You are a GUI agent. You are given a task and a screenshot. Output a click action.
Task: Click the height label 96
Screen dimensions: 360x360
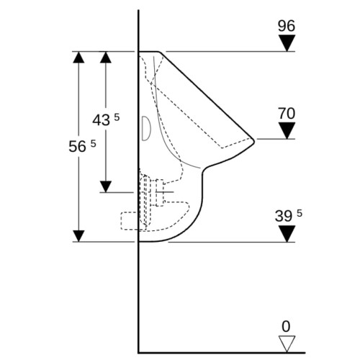[287, 26]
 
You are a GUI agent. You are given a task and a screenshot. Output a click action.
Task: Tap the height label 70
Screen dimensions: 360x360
[287, 113]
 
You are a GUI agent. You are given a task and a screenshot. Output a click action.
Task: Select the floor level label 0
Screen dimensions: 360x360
[286, 326]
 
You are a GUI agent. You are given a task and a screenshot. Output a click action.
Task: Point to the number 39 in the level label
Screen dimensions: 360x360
[283, 216]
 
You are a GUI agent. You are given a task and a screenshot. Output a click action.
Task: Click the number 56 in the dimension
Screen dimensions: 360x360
[77, 146]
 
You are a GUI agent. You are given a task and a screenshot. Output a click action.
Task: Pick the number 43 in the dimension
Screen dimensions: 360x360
[102, 120]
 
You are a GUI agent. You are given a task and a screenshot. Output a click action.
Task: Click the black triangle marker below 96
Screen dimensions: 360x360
[287, 43]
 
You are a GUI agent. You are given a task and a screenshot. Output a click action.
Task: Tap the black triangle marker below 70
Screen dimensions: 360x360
[287, 130]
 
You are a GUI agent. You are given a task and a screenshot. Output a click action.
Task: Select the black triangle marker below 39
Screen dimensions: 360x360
[287, 234]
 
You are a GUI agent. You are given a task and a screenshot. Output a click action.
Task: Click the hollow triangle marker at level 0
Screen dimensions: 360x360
[287, 344]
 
